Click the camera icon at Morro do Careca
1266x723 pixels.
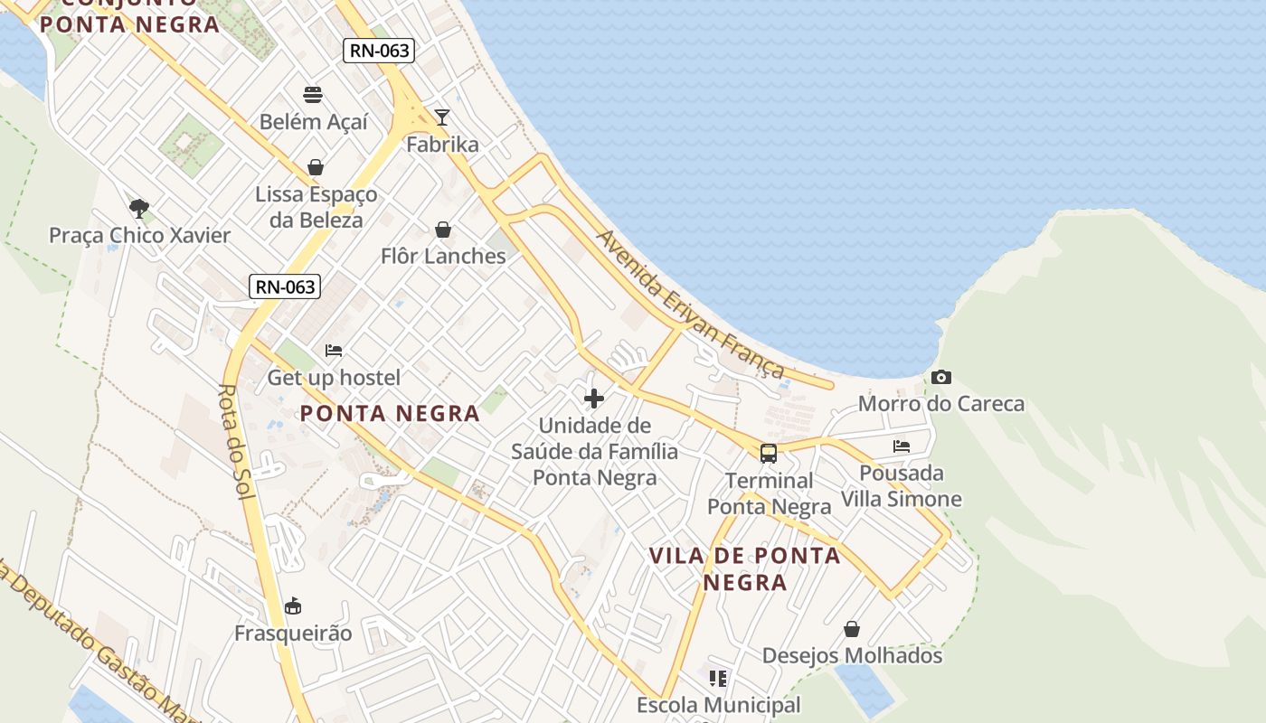point(940,378)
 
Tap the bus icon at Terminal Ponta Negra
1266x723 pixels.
point(769,454)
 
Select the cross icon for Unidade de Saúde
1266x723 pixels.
point(594,399)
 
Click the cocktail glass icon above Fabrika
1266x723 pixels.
point(442,117)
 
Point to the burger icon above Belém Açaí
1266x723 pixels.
point(313,95)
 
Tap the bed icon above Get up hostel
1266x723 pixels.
point(334,351)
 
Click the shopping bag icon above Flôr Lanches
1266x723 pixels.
point(443,230)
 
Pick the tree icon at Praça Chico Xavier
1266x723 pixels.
point(139,209)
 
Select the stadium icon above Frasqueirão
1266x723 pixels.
point(293,606)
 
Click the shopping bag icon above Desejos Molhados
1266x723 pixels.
point(852,629)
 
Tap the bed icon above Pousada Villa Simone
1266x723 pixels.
point(902,446)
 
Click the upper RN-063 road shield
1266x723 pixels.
point(380,51)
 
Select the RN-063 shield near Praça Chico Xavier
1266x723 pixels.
point(285,287)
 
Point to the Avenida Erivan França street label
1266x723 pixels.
point(690,304)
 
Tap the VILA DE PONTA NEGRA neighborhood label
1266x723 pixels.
point(745,568)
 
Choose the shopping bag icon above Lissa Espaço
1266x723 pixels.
point(316,167)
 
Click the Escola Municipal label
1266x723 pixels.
point(719,705)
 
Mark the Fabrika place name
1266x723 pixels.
point(442,145)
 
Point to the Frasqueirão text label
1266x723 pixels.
point(293,633)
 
